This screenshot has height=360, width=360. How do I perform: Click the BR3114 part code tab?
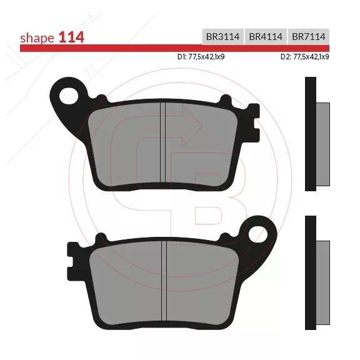pos(222,36)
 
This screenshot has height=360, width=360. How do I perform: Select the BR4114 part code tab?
pos(266,36)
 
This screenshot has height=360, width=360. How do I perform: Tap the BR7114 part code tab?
pos(309,36)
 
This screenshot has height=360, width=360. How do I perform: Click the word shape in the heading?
pos(37,38)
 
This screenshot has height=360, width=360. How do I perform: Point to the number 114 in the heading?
pos(71,37)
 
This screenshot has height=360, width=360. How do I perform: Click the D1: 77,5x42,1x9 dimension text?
pos(201,57)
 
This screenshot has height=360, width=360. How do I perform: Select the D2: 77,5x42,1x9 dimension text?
pos(304,57)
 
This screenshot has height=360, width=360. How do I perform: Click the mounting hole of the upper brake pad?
pos(68,96)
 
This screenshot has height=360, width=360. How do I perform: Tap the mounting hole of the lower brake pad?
pos(258,234)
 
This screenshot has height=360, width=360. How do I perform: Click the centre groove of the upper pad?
pos(162,142)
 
